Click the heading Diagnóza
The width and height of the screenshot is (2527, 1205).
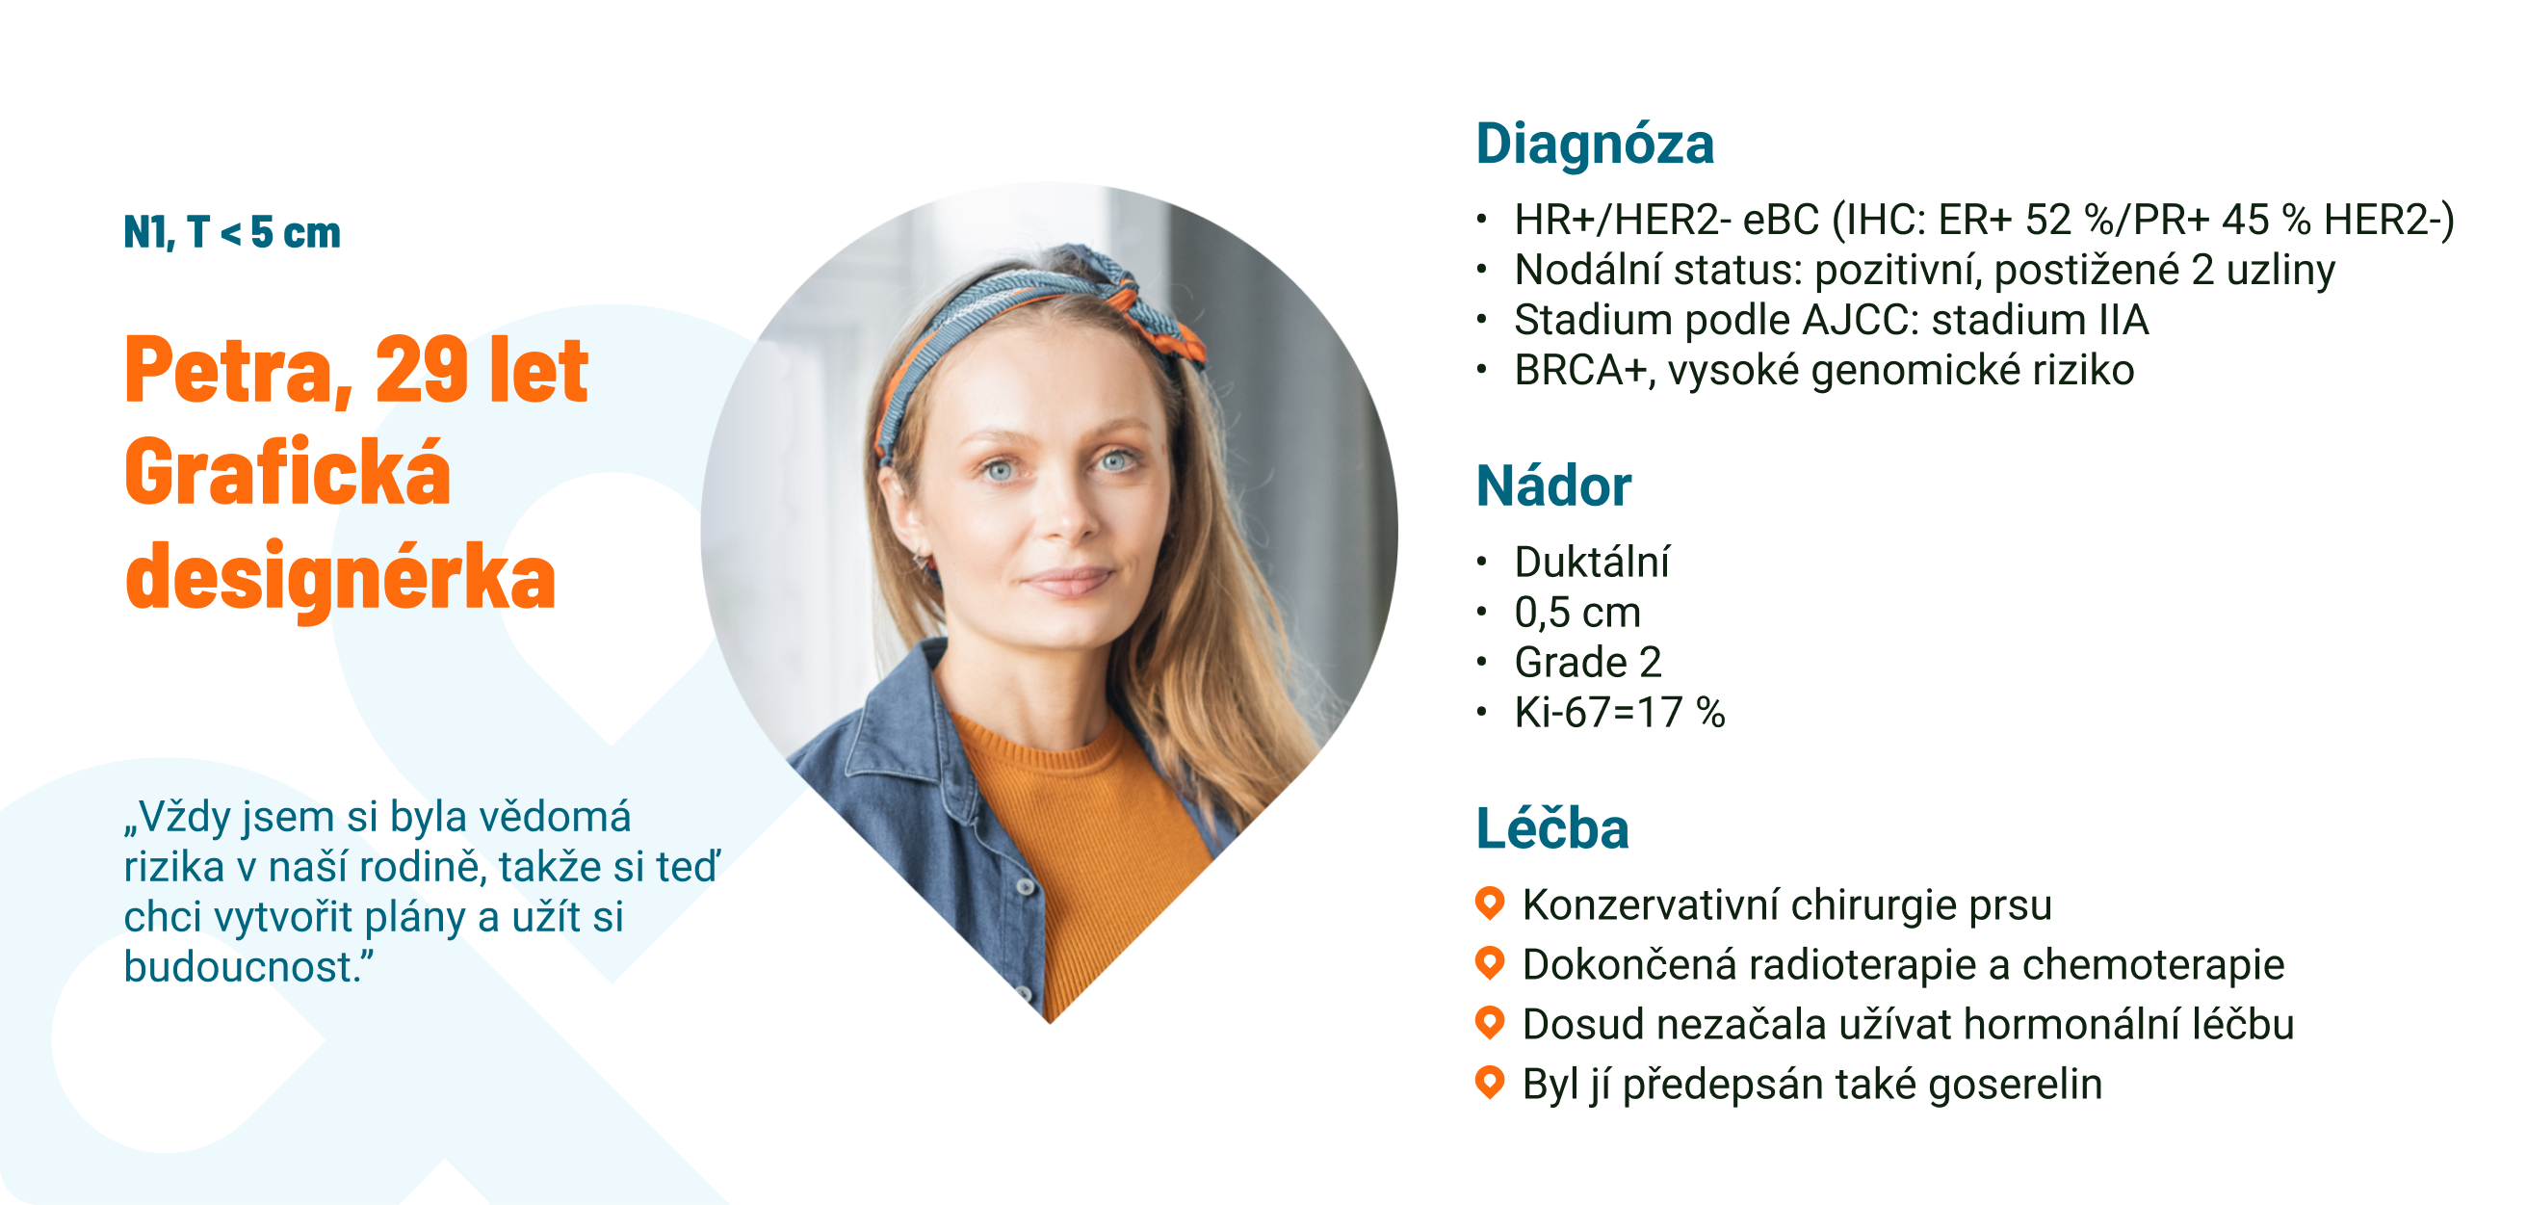click(x=1595, y=144)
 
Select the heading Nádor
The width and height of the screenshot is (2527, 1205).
click(x=1554, y=485)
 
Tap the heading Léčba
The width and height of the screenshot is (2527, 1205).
click(x=1552, y=828)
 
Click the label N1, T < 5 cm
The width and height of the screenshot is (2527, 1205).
click(x=232, y=232)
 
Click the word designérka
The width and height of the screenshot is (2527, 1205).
click(x=340, y=577)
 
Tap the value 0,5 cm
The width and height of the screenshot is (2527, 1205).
click(x=1577, y=614)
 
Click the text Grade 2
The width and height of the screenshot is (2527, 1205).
click(x=1588, y=664)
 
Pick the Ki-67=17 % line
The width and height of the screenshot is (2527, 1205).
click(x=1620, y=714)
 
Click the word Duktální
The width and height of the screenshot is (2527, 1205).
click(x=1592, y=563)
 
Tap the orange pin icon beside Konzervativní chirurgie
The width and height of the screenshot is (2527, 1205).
click(x=1490, y=903)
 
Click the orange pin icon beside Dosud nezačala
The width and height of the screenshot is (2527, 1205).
click(x=1490, y=1023)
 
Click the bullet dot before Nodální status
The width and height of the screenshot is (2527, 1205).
click(x=1482, y=269)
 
